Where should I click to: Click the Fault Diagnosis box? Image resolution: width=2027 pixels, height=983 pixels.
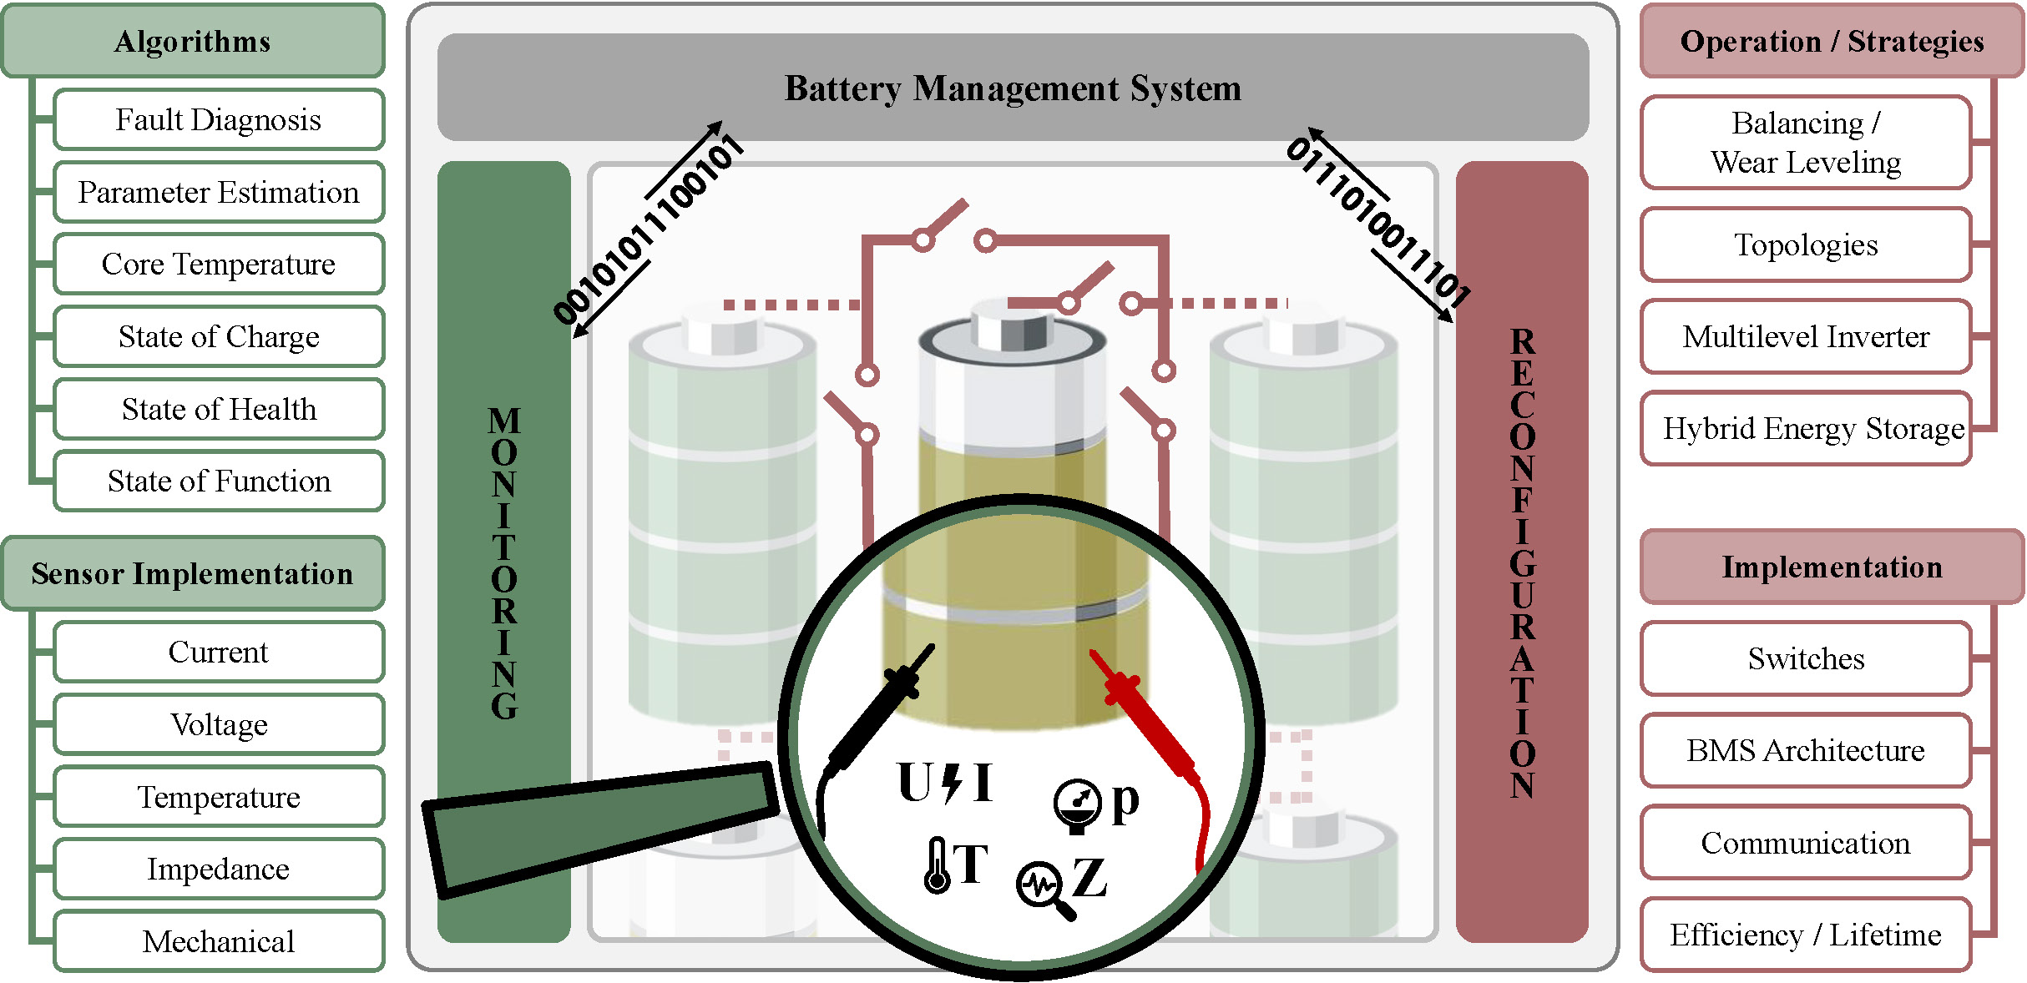[x=219, y=120]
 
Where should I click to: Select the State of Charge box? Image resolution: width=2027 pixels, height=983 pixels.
[x=219, y=336]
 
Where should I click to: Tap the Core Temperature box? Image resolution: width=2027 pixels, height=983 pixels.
[x=219, y=265]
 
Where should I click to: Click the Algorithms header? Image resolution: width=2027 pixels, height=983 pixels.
[x=193, y=41]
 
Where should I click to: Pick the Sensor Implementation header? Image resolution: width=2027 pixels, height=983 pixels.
[x=193, y=573]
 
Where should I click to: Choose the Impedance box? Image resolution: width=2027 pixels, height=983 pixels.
[x=219, y=869]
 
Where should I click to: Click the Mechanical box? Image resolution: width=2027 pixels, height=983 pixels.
[x=219, y=941]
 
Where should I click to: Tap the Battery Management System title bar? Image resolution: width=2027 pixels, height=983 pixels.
[x=1013, y=88]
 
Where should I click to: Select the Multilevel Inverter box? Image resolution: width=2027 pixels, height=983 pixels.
[x=1806, y=336]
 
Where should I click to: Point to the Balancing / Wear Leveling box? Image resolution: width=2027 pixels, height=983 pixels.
[x=1806, y=143]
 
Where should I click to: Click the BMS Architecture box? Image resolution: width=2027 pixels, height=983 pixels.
[x=1806, y=750]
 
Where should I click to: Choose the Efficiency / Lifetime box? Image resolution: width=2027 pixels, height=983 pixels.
[x=1806, y=935]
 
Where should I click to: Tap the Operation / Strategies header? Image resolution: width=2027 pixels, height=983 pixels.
[x=1832, y=41]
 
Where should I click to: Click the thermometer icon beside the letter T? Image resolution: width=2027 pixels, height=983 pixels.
[x=937, y=866]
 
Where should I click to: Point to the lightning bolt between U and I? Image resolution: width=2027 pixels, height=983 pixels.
[x=952, y=783]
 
